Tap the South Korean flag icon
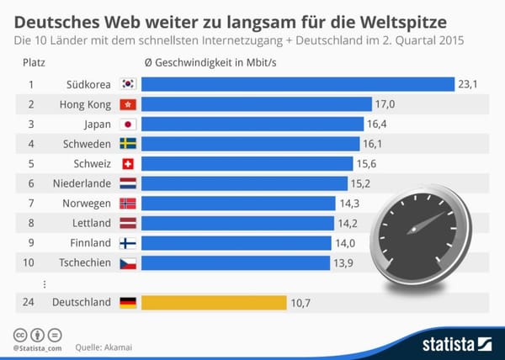[x=128, y=84]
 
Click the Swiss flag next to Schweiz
[x=128, y=164]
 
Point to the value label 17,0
[x=387, y=104]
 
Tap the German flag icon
[x=128, y=302]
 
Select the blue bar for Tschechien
[x=235, y=263]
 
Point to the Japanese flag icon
[x=128, y=124]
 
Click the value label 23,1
[x=468, y=84]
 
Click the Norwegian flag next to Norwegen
[x=128, y=204]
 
